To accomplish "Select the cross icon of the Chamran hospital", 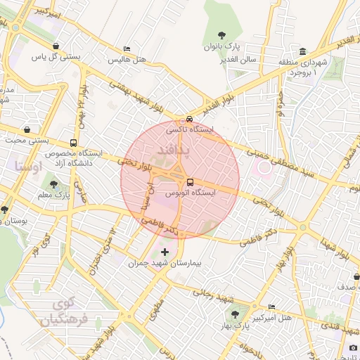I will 165,252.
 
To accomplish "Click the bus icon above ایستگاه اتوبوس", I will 191,181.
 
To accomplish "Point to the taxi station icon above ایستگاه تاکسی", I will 189,119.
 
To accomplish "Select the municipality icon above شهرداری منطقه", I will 302,51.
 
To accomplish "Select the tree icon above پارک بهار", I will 234,314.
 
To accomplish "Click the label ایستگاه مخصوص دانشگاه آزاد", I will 73,157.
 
